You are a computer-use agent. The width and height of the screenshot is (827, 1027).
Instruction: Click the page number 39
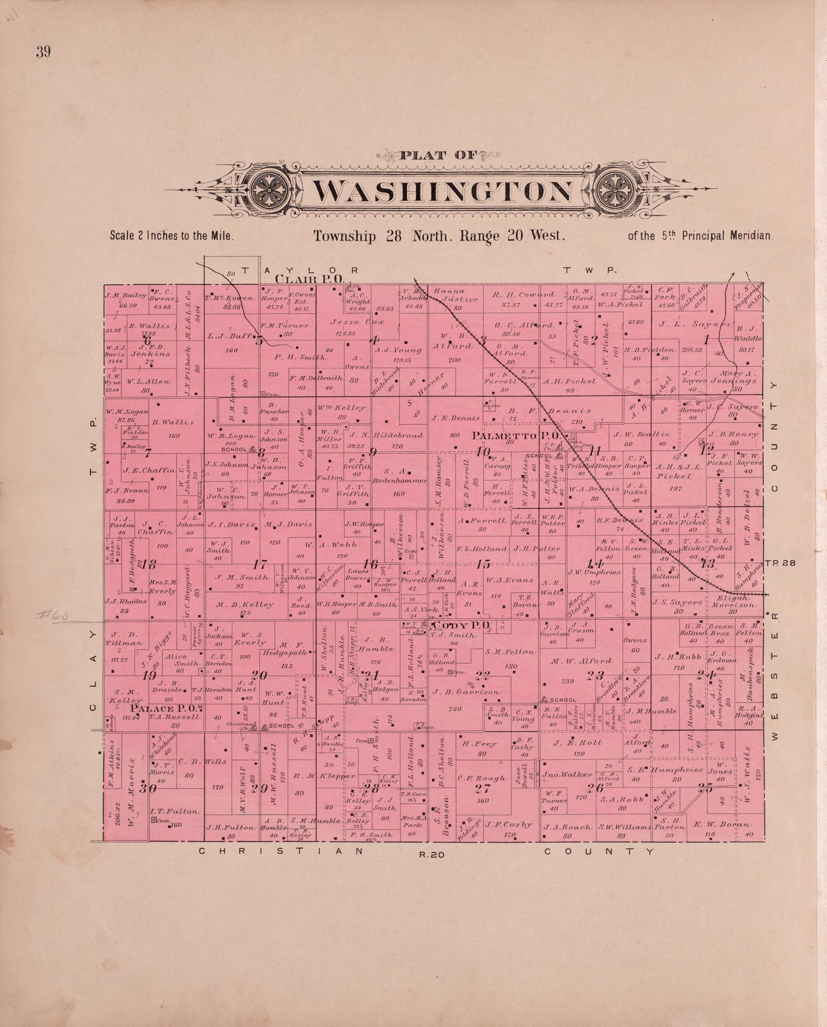[43, 52]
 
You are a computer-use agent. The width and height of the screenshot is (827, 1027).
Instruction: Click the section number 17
[260, 565]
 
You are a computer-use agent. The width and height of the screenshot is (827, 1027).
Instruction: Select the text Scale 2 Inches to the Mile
[172, 235]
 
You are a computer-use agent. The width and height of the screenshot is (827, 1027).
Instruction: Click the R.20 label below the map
[431, 855]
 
